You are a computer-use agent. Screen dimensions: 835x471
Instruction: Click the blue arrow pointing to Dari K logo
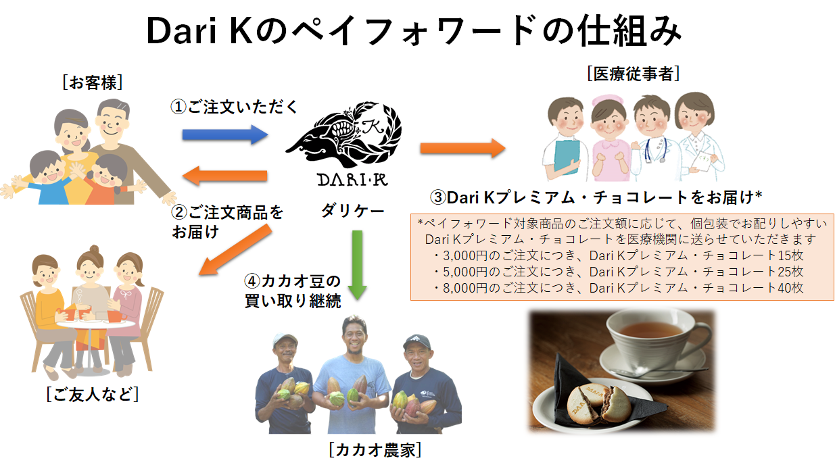pyautogui.click(x=224, y=134)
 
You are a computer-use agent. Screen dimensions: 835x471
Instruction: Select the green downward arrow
pyautogui.click(x=357, y=265)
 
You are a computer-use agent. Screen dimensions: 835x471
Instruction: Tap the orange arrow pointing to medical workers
pyautogui.click(x=462, y=148)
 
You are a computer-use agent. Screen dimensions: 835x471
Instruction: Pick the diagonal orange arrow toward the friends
pyautogui.click(x=235, y=250)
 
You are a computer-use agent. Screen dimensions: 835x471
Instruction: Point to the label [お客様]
pyautogui.click(x=93, y=82)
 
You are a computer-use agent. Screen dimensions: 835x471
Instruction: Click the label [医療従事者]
pyautogui.click(x=633, y=74)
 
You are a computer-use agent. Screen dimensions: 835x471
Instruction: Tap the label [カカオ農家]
pyautogui.click(x=375, y=450)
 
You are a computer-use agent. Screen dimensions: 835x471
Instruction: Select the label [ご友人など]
pyautogui.click(x=93, y=393)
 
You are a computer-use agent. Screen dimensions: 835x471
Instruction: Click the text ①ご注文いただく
pyautogui.click(x=234, y=107)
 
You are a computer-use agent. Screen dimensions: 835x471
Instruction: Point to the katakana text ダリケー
pyautogui.click(x=353, y=212)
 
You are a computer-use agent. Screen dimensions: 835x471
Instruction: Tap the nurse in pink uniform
pyautogui.click(x=609, y=138)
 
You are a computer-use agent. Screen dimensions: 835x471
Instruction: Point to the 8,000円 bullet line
pyautogui.click(x=619, y=288)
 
